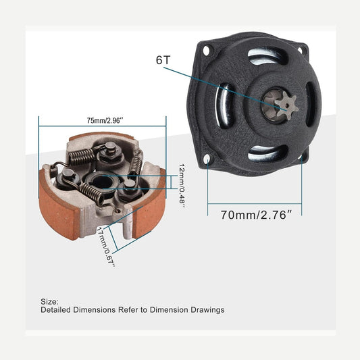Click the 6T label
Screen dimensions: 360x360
[x=163, y=60]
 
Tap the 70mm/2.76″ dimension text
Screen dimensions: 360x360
[x=256, y=215]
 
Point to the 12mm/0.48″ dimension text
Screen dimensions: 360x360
[x=182, y=186]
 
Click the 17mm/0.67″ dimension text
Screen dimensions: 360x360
[x=105, y=247]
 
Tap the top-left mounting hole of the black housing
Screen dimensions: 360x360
[x=206, y=50]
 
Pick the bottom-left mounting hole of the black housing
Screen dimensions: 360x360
[x=207, y=159]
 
